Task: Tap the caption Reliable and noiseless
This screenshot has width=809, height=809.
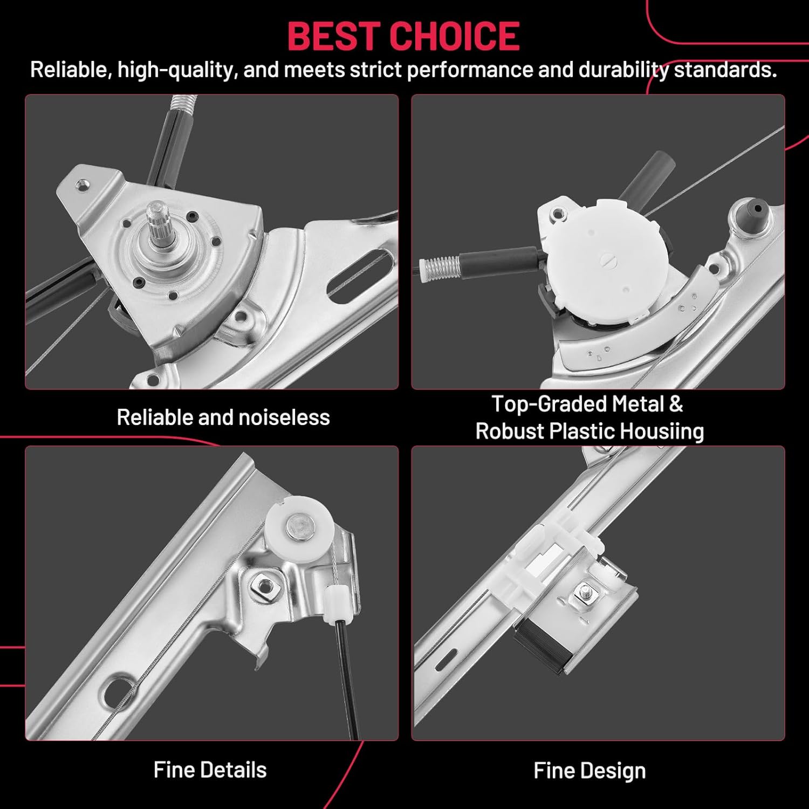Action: click(223, 417)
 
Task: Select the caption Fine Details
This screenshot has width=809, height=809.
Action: click(210, 770)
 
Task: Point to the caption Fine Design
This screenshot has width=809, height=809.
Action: click(589, 771)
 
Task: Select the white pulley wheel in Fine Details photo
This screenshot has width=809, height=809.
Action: click(295, 523)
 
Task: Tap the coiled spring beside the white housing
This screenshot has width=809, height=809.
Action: click(440, 265)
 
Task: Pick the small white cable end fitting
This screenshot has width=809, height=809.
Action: click(335, 604)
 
